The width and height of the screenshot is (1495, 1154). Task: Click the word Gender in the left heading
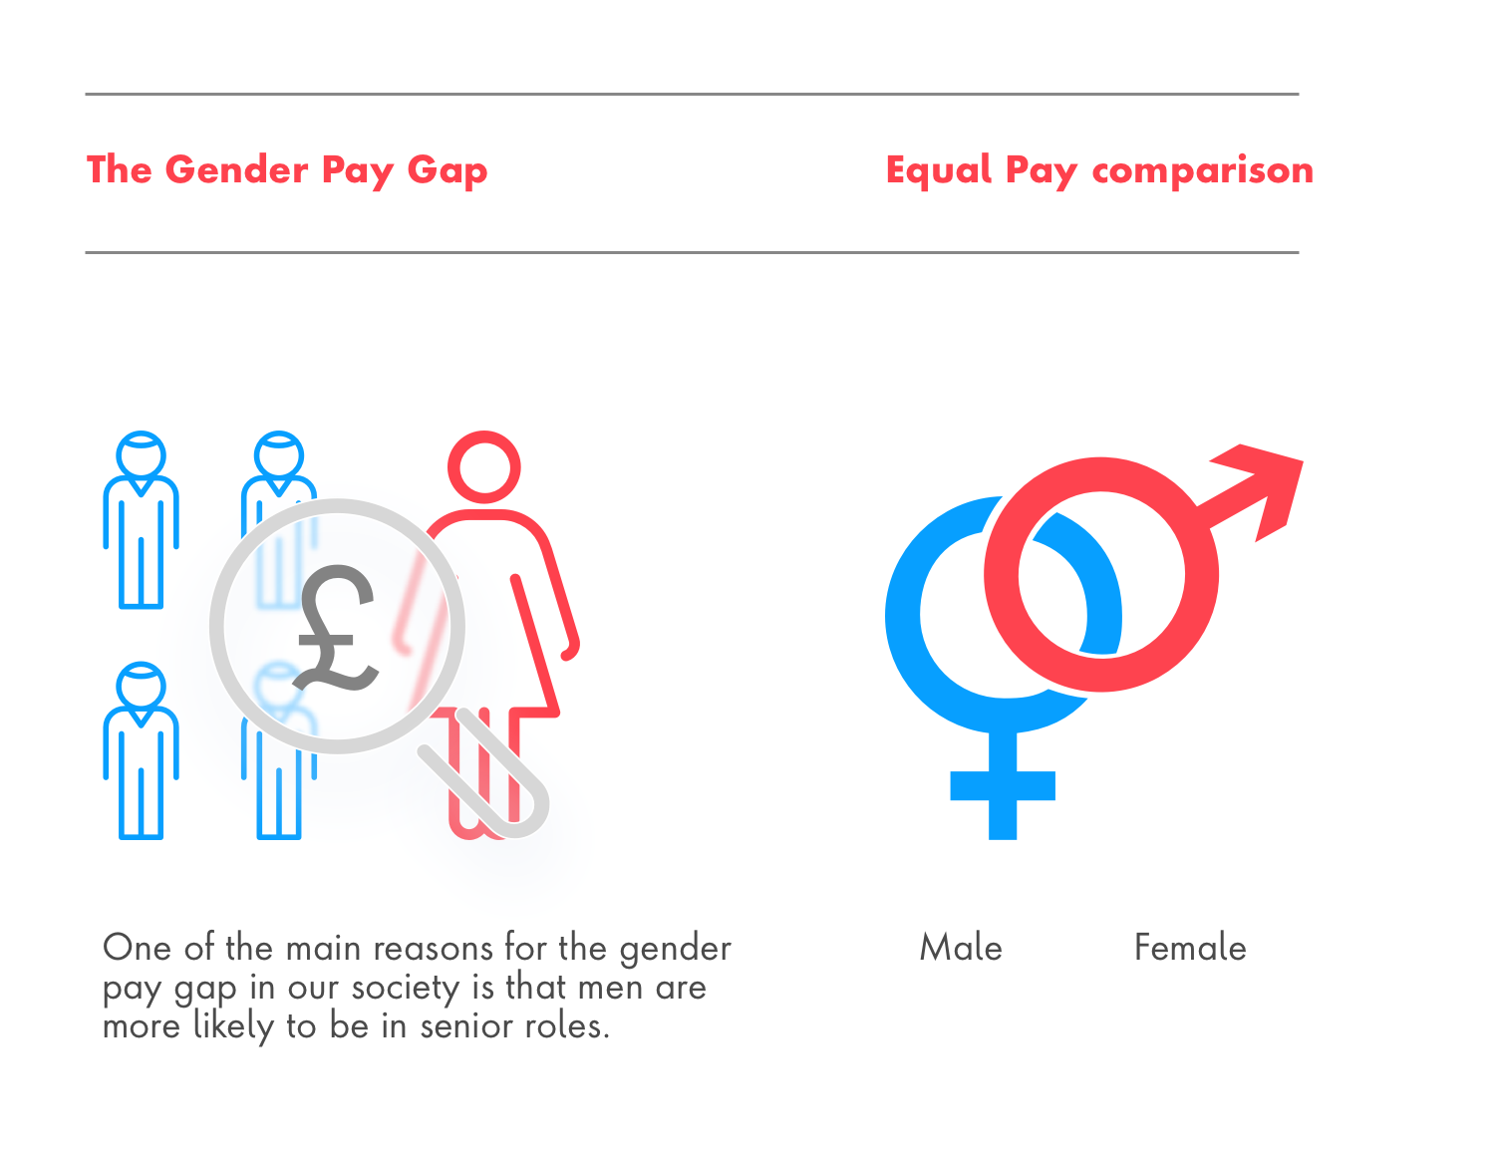point(236,169)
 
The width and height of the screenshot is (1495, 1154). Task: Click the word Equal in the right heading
point(939,170)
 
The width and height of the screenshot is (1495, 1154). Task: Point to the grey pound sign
point(336,627)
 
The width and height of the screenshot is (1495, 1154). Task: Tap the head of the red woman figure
point(483,467)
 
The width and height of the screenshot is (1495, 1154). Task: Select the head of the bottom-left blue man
point(142,685)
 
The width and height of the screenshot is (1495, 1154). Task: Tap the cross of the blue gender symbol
point(1003,785)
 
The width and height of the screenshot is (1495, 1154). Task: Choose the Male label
point(961,947)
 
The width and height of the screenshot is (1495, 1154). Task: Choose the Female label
point(1190,947)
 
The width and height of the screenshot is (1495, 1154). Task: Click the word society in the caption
point(406,989)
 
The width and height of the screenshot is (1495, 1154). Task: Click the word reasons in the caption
point(434,949)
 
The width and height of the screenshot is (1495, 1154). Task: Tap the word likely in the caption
point(233,1027)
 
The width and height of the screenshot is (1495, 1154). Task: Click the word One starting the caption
point(137,948)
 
